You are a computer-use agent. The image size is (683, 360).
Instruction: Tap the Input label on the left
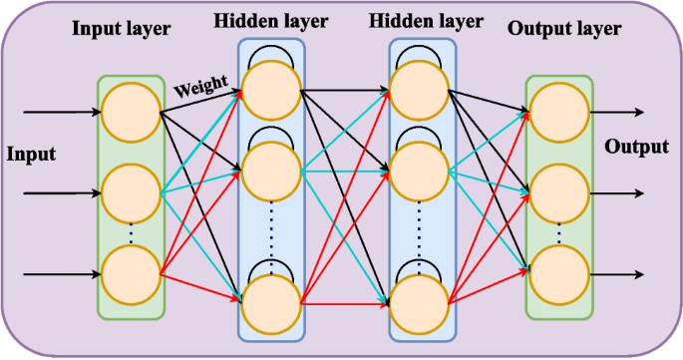pyautogui.click(x=31, y=155)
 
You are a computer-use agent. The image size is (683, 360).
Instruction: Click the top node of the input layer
pyautogui.click(x=131, y=108)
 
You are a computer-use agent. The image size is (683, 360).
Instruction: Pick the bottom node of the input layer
pyautogui.click(x=131, y=271)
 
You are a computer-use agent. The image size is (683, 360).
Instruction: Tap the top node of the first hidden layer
pyautogui.click(x=270, y=88)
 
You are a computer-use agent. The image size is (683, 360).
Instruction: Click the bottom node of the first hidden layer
pyautogui.click(x=270, y=300)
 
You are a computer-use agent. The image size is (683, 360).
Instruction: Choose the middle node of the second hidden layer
pyautogui.click(x=419, y=170)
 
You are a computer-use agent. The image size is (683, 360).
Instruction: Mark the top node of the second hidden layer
pyautogui.click(x=419, y=89)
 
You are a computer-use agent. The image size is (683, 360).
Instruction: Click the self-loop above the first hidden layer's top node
pyautogui.click(x=270, y=50)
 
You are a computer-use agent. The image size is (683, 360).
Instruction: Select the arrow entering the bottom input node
pyautogui.click(x=60, y=272)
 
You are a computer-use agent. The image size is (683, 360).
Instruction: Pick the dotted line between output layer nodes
pyautogui.click(x=558, y=232)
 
